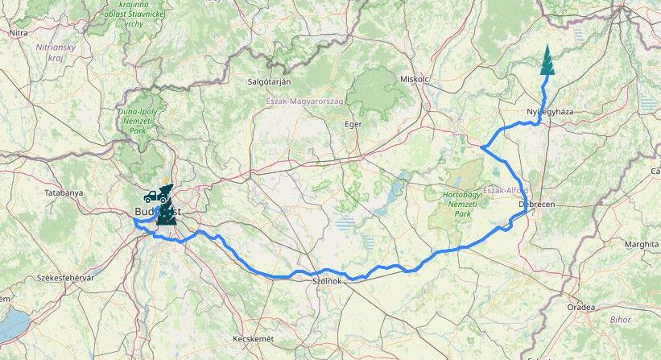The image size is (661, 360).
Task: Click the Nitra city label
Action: click(x=18, y=33)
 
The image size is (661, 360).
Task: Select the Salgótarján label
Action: click(x=270, y=82)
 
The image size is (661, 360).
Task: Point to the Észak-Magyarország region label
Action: click(x=305, y=101)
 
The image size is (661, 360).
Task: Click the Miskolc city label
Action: click(x=415, y=80)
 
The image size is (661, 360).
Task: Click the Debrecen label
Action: click(x=537, y=205)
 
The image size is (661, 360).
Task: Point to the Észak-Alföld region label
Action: click(x=506, y=190)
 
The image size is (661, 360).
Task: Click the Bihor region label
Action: click(x=621, y=320)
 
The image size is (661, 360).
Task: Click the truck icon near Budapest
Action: click(x=151, y=196)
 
